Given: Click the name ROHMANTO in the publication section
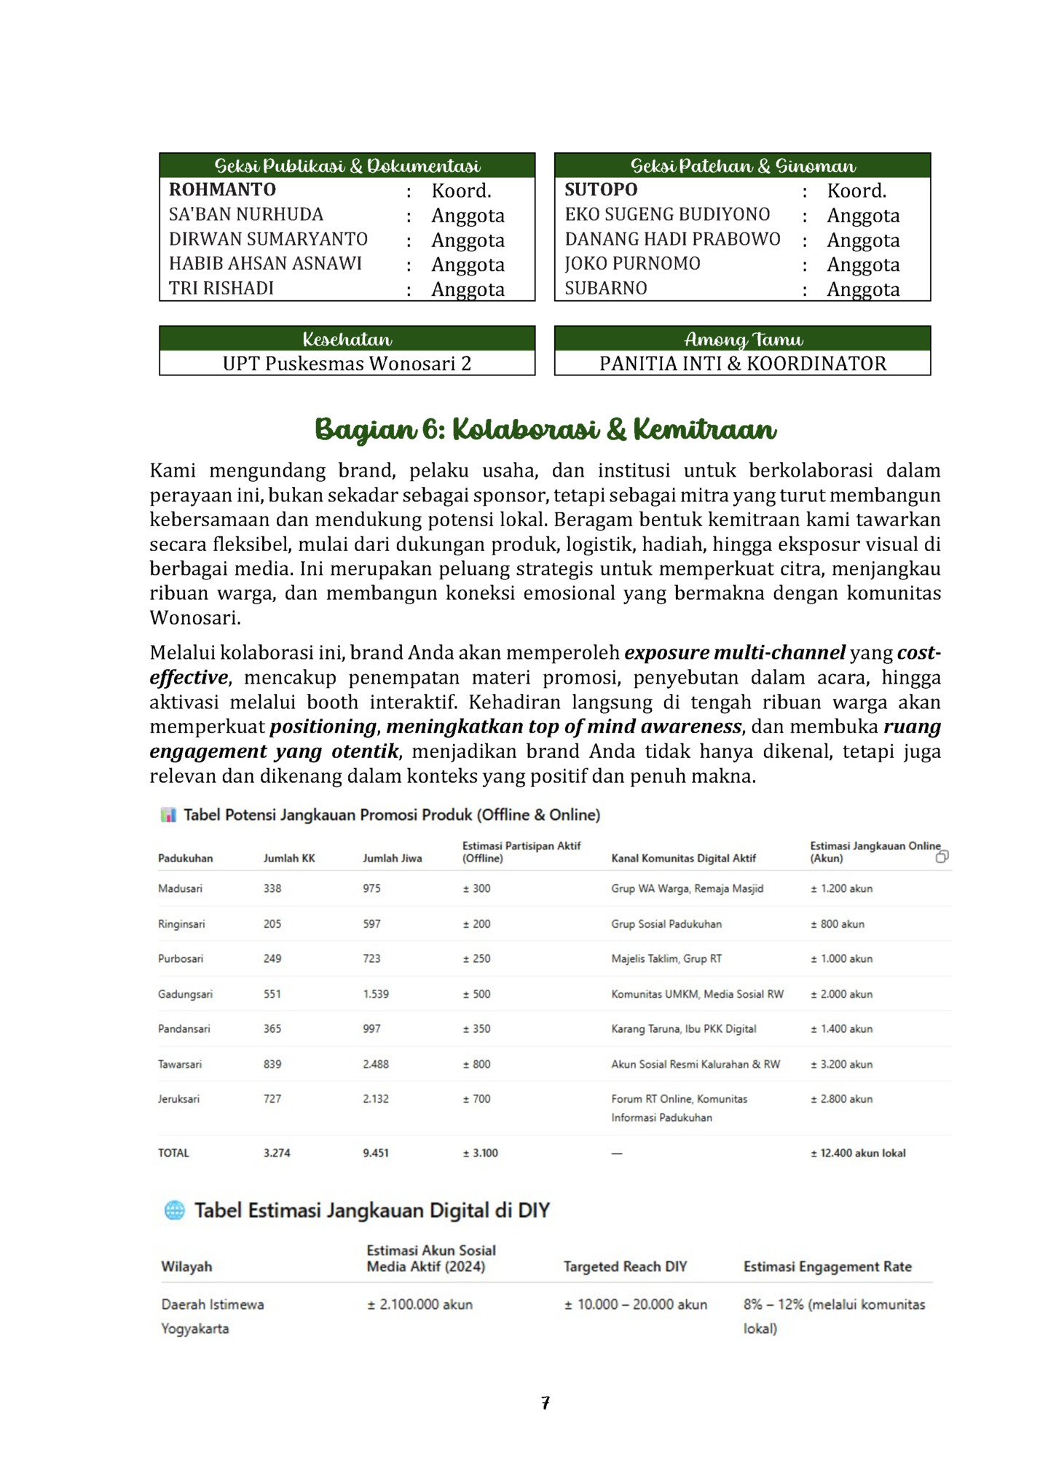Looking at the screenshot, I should point(222,190).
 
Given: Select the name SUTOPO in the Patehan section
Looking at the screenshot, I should point(601,190).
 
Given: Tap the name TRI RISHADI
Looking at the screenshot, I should point(221,289).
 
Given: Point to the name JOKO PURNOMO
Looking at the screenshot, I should point(632,264).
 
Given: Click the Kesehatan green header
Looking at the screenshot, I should point(347,339).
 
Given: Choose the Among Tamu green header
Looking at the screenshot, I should point(742,339).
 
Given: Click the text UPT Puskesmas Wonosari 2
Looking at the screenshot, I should point(347,364).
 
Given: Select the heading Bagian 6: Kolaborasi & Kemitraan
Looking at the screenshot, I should point(545,429).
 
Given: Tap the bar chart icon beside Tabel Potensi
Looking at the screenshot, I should point(168,815).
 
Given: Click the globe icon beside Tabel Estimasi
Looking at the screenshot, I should point(175,1211).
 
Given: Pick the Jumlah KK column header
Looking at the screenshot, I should point(289,859).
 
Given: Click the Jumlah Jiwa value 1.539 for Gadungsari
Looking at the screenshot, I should point(376,994).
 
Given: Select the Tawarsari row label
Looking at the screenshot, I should point(180,1064).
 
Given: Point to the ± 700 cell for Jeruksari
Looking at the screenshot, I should point(477,1099).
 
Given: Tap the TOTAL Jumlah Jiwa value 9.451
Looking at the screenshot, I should point(376,1153).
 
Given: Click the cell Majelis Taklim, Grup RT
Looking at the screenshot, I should point(666,959).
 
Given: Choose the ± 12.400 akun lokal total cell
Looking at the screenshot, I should point(858,1153).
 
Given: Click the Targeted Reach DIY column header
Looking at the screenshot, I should point(625,1267).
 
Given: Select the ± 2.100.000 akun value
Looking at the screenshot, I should point(419,1305).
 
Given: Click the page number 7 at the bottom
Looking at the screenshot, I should point(545,1403).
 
